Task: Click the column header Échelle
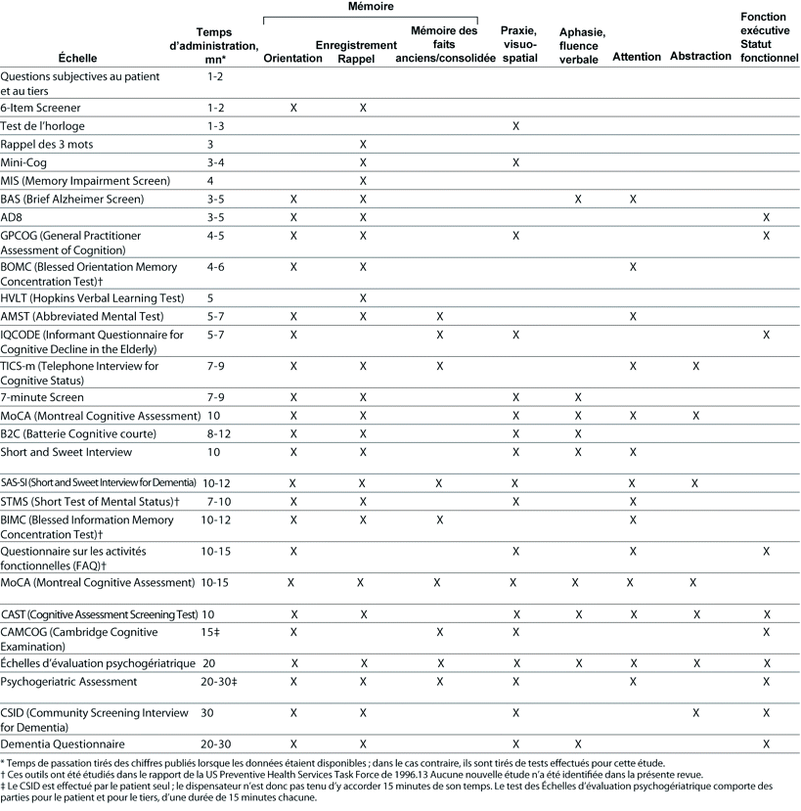coord(77,58)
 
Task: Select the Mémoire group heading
coord(371,7)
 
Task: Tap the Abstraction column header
coord(700,56)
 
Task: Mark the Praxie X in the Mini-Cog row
coord(515,162)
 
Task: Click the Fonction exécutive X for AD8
coord(766,217)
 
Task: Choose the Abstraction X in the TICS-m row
coord(694,366)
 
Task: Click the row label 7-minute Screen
coord(42,397)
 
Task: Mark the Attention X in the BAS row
coord(633,199)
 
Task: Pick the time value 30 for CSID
coord(206,712)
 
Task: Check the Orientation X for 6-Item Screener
coord(293,108)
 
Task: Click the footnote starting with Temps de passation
coord(333,762)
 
